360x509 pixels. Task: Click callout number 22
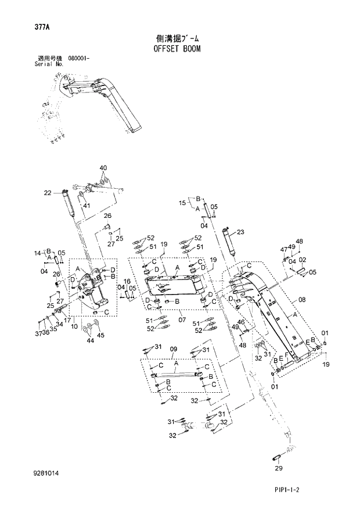[48, 192]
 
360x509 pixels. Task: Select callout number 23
[240, 232]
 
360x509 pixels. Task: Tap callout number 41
[86, 206]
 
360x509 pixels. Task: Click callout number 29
[278, 468]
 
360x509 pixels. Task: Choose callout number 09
[172, 349]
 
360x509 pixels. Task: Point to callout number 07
[181, 320]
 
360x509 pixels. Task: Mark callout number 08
[302, 300]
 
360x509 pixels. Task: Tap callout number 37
[37, 334]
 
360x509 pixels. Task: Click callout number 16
[127, 281]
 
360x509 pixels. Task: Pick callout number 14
[37, 253]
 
